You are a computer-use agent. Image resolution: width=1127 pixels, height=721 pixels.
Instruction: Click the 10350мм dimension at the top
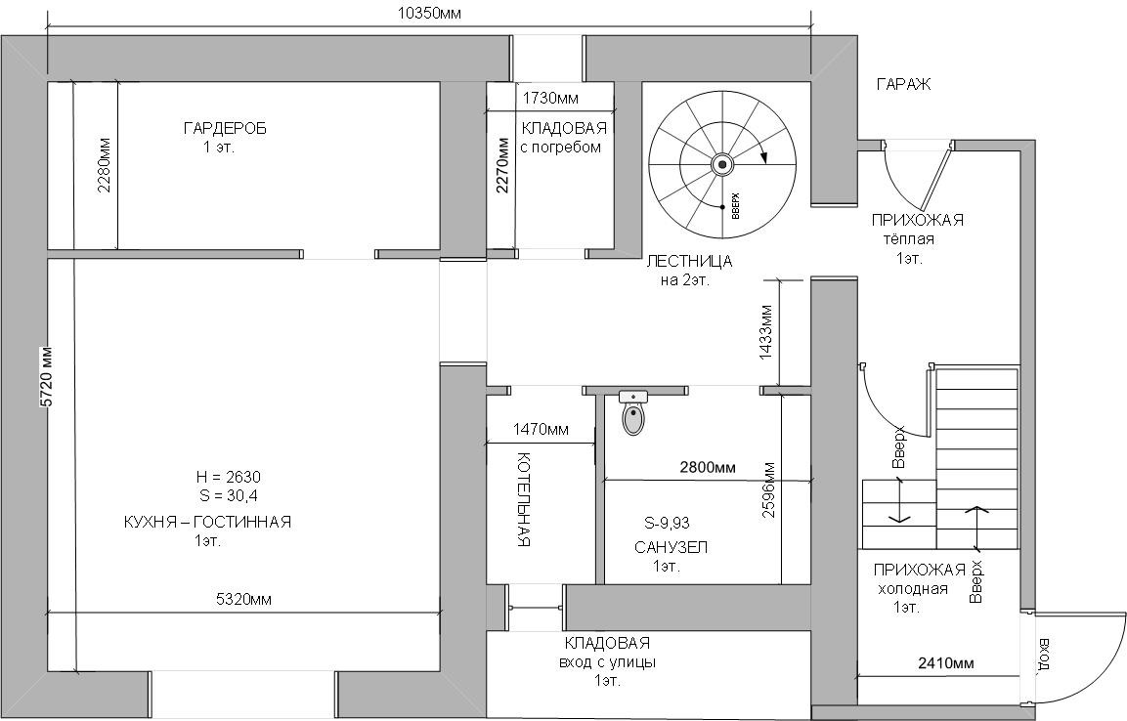point(429,13)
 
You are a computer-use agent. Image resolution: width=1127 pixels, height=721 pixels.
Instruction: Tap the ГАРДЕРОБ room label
point(225,128)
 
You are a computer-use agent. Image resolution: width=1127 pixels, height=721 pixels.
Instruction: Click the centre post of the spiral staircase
point(723,164)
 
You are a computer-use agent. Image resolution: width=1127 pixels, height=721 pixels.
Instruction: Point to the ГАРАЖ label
point(903,85)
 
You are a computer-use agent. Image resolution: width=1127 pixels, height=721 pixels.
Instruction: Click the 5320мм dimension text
point(242,599)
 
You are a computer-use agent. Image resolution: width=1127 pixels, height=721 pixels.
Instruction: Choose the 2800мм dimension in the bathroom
point(708,467)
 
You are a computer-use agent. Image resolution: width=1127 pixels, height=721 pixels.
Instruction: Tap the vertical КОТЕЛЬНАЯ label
point(523,500)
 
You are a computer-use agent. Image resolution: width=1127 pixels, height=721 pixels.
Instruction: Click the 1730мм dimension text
point(550,98)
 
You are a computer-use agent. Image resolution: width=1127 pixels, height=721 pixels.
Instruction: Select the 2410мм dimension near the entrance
point(946,663)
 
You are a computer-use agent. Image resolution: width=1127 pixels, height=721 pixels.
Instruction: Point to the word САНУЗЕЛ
point(671,547)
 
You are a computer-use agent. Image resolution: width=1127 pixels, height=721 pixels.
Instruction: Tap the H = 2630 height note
point(228,477)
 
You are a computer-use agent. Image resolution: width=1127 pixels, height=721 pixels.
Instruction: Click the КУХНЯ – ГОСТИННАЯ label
point(207,522)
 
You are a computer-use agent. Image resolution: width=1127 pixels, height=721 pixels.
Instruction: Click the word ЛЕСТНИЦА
point(689,262)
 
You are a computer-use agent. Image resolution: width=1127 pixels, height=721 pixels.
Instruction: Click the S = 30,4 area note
point(229,496)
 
